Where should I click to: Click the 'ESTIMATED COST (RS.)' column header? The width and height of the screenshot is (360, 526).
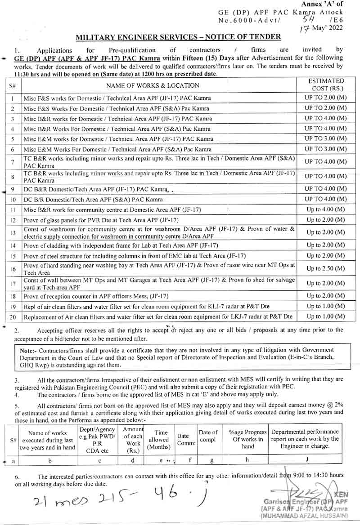point(326,85)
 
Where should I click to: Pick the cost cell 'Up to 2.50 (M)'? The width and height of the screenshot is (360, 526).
point(326,269)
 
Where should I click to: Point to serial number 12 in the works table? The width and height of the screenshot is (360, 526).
point(13,220)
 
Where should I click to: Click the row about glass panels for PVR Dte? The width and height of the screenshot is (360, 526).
point(101,220)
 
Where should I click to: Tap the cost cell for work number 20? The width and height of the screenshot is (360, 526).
point(326,316)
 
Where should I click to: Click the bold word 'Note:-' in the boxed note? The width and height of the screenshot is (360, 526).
point(30,350)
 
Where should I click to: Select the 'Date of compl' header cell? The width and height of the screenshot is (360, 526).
point(208,436)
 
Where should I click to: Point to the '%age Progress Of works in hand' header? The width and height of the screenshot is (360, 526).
point(247,439)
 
